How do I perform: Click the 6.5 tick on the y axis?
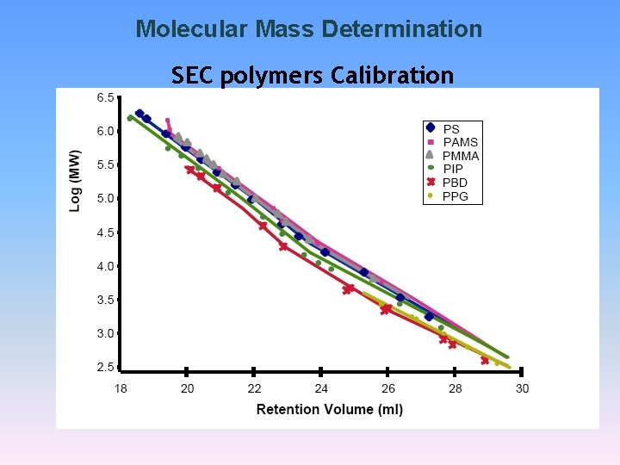[104, 98]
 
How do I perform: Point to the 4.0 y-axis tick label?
[104, 266]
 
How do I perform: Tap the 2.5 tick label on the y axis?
[104, 368]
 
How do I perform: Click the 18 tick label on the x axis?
[121, 388]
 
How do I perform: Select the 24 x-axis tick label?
[321, 388]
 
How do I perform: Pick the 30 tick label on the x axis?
[522, 388]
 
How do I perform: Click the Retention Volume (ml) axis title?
[330, 409]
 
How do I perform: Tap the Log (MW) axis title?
[76, 181]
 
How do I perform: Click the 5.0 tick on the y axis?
[104, 199]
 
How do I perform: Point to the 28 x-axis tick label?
[456, 388]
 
